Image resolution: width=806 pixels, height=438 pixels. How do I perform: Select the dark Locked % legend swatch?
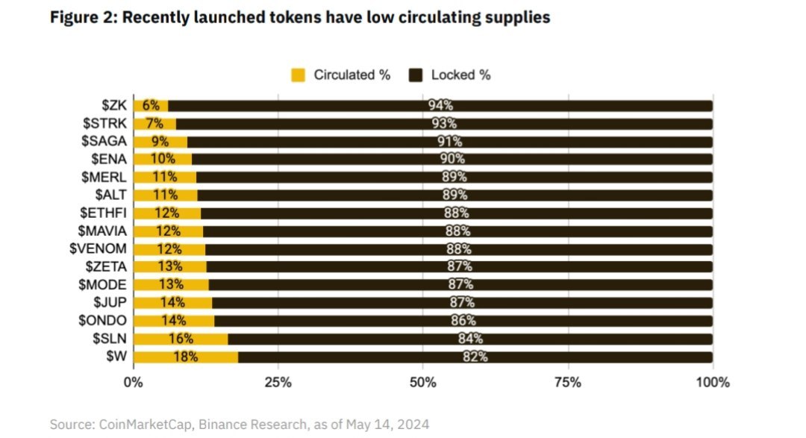pyautogui.click(x=416, y=75)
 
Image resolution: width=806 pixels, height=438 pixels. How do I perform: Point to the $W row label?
pyautogui.click(x=116, y=357)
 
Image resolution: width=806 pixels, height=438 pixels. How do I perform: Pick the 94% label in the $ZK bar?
pyautogui.click(x=440, y=106)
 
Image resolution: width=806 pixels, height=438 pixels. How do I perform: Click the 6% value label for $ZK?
pyautogui.click(x=151, y=106)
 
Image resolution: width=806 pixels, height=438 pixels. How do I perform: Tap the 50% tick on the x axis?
pyautogui.click(x=422, y=383)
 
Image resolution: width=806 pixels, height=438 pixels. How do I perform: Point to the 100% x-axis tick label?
pyautogui.click(x=712, y=383)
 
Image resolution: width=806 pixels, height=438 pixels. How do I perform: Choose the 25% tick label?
pyautogui.click(x=278, y=383)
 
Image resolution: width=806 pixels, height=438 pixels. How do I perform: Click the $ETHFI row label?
pyautogui.click(x=106, y=213)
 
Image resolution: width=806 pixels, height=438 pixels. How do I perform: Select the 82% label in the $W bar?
pyautogui.click(x=475, y=357)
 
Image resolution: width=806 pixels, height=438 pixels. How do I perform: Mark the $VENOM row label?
pyautogui.click(x=103, y=248)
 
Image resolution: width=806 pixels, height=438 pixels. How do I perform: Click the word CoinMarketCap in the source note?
pyautogui.click(x=138, y=424)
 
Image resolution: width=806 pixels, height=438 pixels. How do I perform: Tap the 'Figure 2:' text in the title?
pyautogui.click(x=83, y=17)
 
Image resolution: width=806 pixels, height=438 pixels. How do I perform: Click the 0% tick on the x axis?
pyautogui.click(x=133, y=383)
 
